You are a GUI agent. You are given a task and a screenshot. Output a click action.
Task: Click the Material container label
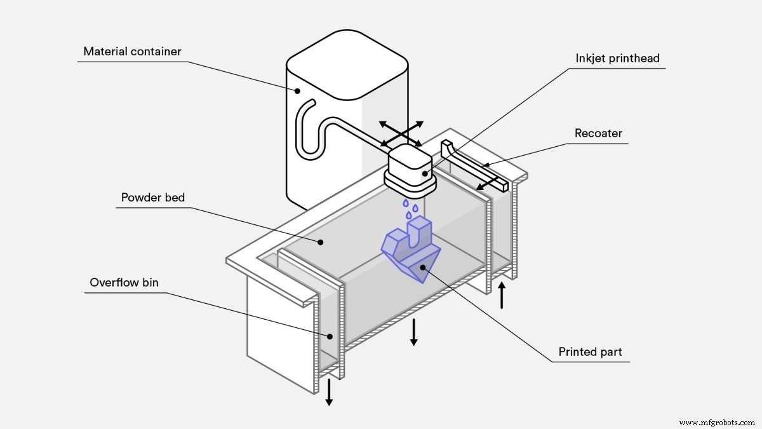133,51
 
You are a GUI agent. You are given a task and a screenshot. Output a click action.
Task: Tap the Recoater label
598,133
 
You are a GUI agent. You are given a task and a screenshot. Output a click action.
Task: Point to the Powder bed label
153,198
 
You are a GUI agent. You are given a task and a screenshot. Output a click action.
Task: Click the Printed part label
591,351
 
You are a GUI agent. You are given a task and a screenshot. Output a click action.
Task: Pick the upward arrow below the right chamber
502,296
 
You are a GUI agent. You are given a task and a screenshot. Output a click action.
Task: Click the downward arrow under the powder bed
413,332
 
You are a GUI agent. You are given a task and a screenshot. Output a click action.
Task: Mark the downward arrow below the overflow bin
329,392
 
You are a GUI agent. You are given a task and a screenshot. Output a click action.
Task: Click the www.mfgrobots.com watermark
716,422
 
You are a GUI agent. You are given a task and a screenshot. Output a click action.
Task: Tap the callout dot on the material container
297,90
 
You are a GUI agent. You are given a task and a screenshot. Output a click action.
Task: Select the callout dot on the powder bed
322,242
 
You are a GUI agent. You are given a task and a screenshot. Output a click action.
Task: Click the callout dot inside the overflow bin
330,336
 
